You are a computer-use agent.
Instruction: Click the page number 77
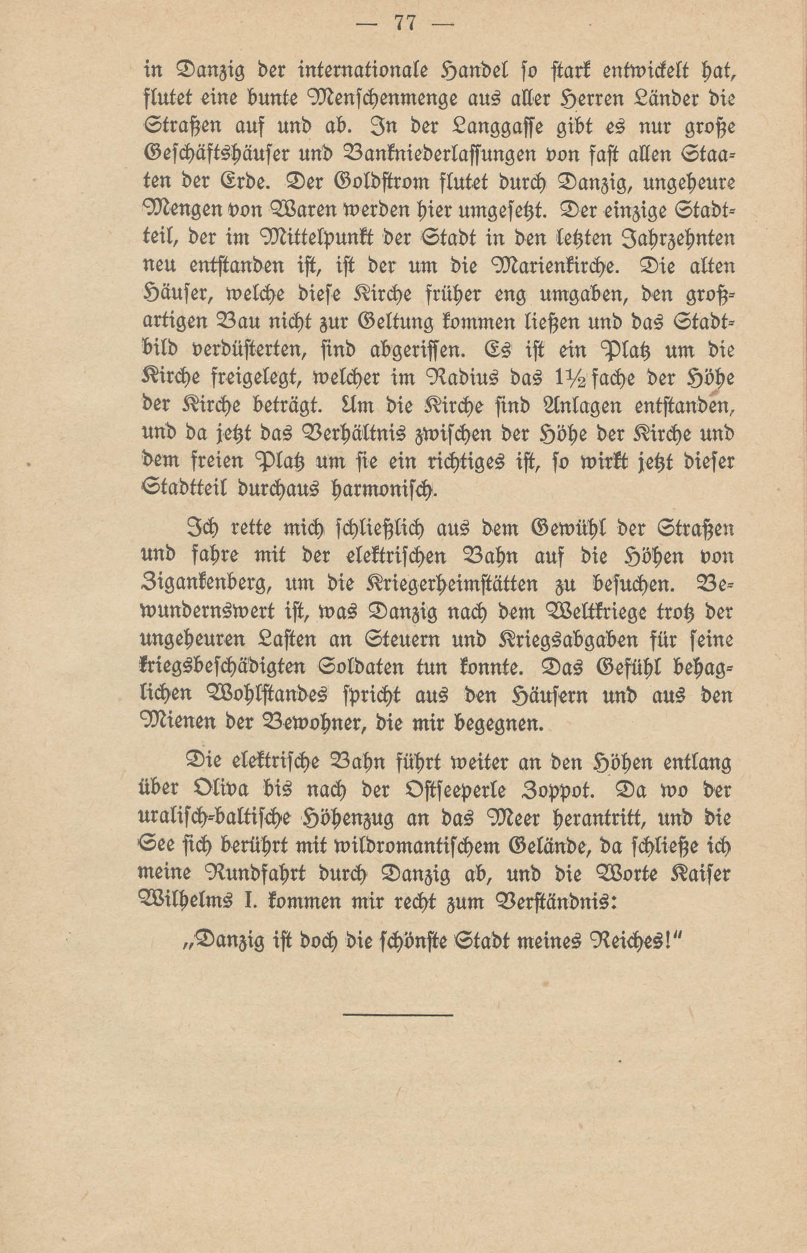click(x=404, y=25)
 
